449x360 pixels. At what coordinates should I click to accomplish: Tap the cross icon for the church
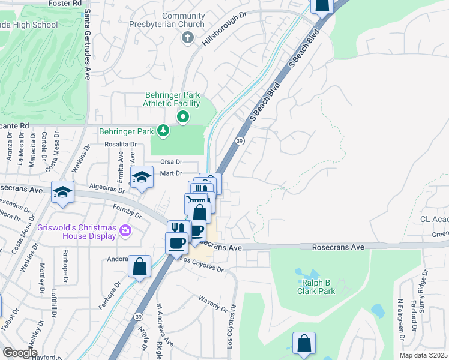point(187,38)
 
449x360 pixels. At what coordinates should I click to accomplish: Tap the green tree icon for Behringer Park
point(162,130)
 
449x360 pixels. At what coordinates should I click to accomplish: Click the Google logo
point(19,353)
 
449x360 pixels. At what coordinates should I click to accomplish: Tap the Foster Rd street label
point(66,4)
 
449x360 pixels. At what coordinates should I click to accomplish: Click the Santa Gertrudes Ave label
point(88,45)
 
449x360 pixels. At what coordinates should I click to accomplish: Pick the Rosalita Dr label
point(121,145)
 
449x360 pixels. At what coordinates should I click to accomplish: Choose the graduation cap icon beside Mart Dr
point(142,177)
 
